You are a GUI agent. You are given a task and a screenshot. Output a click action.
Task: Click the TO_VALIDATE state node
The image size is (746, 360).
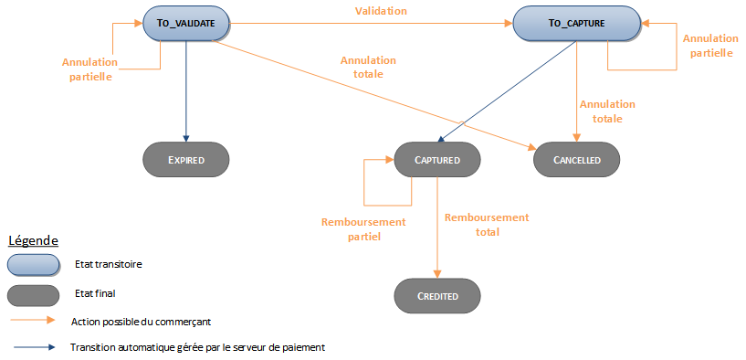point(186,24)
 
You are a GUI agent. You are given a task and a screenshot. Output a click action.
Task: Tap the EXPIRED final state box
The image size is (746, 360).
point(185,160)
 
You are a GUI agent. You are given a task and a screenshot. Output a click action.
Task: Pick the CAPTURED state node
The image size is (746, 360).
point(437,160)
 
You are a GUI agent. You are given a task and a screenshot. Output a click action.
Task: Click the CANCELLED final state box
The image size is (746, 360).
point(577,160)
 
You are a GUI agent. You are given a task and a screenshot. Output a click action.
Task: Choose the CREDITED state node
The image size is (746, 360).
point(437,296)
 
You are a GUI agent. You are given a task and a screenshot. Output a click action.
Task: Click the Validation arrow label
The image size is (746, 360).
point(381,11)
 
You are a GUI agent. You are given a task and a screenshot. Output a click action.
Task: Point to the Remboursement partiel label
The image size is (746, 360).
point(351,229)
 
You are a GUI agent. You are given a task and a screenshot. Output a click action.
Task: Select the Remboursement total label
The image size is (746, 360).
point(486,224)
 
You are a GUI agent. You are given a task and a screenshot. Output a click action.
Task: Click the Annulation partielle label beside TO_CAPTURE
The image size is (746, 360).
point(710,46)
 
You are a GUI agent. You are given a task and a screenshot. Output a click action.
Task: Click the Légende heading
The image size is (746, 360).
point(34,240)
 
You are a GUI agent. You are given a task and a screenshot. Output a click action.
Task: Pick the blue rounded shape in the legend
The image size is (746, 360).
point(33,264)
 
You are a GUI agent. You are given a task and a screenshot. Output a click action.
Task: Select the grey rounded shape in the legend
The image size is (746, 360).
point(33,295)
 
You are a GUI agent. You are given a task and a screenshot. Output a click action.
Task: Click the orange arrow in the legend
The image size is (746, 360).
point(33,322)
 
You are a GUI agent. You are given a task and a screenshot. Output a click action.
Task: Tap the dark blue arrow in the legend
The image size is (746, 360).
point(33,347)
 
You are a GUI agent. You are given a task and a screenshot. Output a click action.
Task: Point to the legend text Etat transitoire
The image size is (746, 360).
point(108,264)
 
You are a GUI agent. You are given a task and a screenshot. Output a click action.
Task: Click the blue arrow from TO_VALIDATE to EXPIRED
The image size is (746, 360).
point(185,91)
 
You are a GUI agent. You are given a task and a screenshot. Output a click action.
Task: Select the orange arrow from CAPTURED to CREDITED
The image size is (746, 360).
point(437,228)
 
